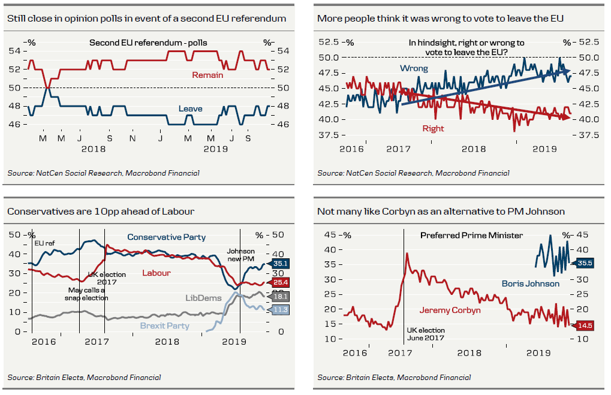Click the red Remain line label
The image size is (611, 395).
[x=207, y=75]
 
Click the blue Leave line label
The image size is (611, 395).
[x=191, y=109]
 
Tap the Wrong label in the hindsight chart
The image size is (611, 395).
[x=414, y=68]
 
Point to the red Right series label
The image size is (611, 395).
[x=434, y=128]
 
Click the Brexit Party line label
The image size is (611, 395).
[x=164, y=326]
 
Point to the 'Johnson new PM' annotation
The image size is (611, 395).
[x=240, y=255]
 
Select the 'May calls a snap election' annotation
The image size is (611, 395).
[x=88, y=294]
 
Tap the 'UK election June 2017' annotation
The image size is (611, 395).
[x=426, y=334]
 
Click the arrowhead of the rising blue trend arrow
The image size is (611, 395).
[x=566, y=71]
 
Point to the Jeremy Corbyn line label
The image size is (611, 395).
[x=450, y=310]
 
